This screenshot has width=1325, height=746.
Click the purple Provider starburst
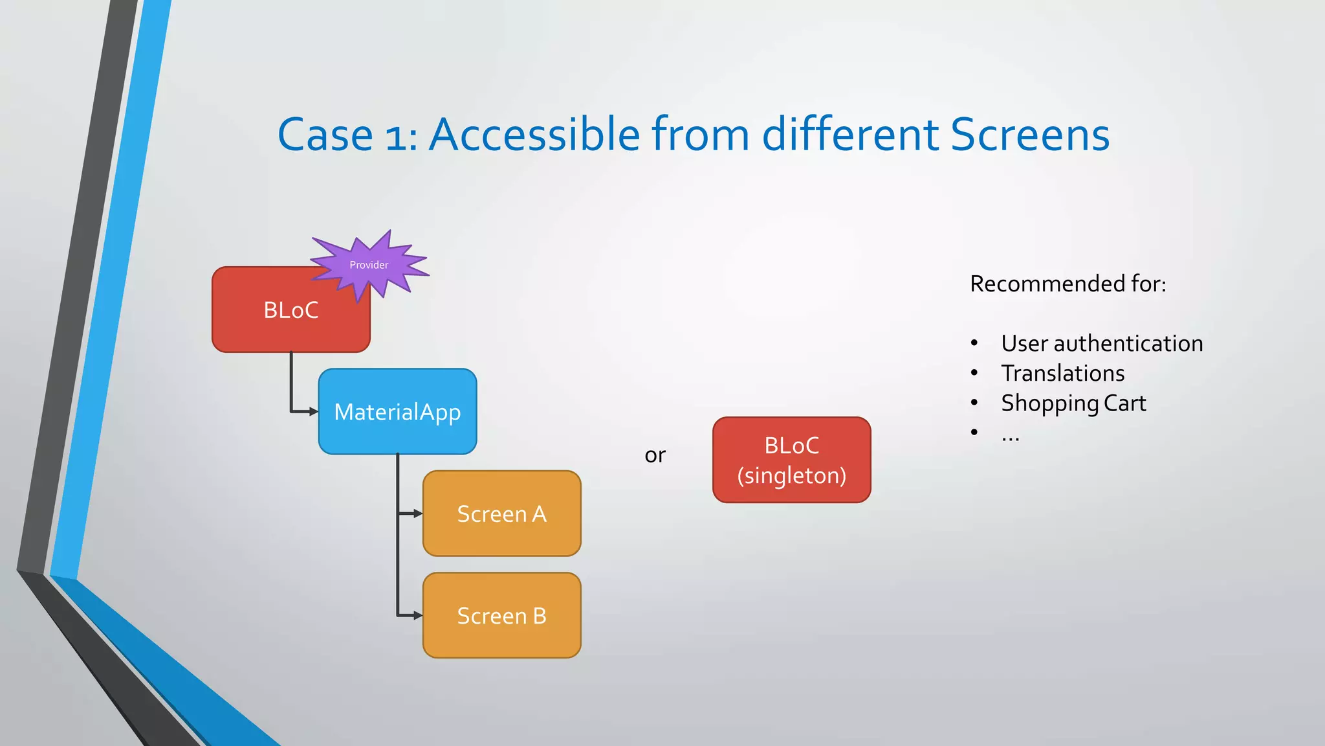(369, 265)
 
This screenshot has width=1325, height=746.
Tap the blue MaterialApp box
(397, 412)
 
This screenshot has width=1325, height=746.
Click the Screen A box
(501, 514)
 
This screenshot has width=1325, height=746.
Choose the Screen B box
(501, 615)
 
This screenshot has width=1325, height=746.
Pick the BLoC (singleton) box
(791, 460)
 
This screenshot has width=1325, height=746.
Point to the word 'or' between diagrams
(655, 455)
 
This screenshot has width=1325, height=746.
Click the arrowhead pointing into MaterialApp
(314, 411)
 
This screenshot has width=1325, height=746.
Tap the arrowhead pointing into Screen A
(418, 514)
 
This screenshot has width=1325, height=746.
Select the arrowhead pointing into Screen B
(418, 615)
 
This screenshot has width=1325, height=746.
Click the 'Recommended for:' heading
(1068, 284)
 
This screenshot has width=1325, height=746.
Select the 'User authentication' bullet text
(1102, 343)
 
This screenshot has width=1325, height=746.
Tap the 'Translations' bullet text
(1062, 373)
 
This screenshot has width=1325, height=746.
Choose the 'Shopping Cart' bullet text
(1073, 403)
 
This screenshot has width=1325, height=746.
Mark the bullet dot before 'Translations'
(974, 373)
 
